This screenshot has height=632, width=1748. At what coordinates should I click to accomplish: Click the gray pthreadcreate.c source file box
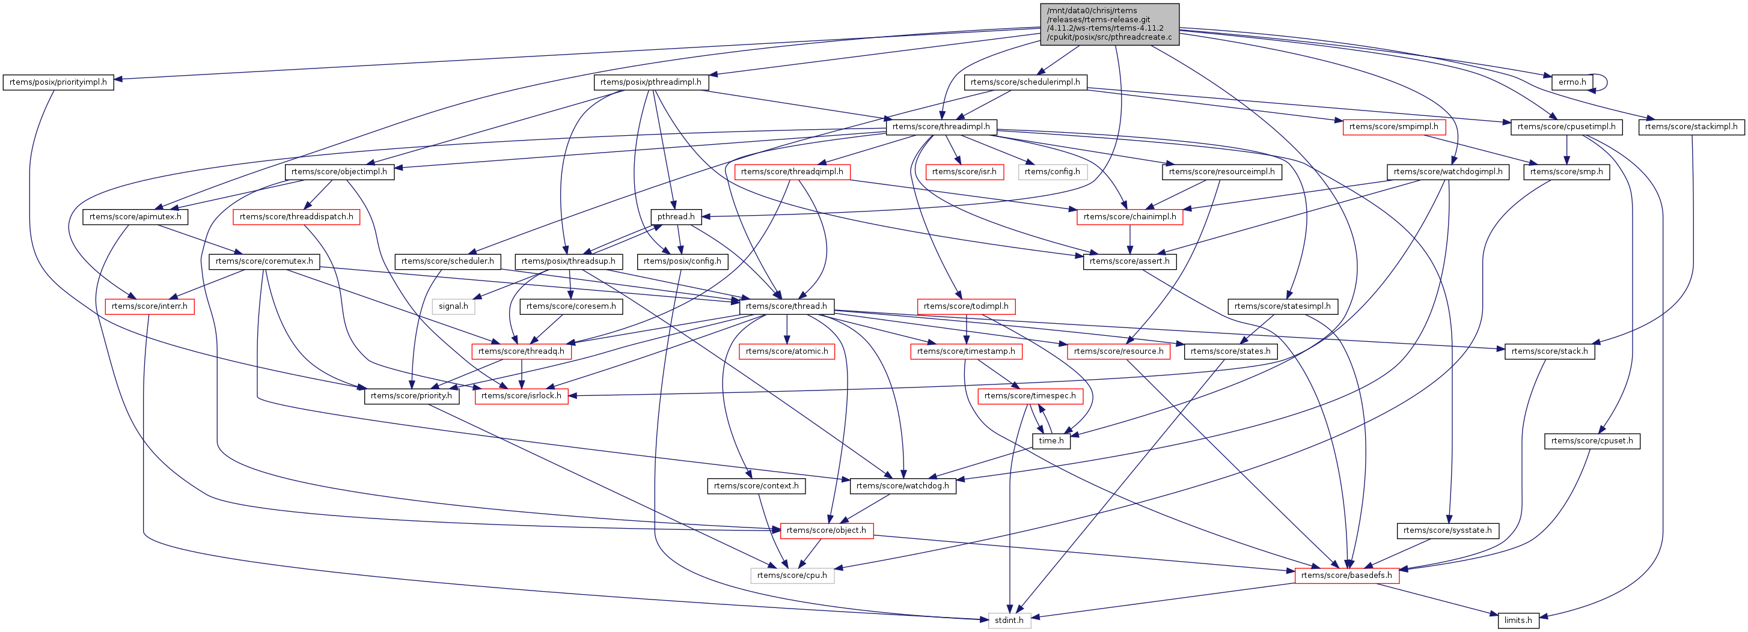pos(1110,25)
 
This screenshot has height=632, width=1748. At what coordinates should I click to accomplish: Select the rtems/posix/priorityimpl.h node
pos(58,82)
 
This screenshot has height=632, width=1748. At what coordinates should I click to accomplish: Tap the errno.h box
pos(1571,82)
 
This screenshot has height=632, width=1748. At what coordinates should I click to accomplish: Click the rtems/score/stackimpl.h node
pos(1691,127)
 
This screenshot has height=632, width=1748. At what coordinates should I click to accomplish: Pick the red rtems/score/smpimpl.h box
pos(1393,127)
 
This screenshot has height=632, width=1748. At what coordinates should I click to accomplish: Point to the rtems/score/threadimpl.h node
pos(941,127)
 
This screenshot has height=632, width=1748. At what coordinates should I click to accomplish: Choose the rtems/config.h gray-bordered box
pos(1052,172)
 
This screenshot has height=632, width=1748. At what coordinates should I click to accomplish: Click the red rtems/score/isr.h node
pos(964,172)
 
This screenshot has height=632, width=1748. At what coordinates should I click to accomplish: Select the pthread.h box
pos(676,216)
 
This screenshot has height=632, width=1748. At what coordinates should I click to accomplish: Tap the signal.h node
pos(453,306)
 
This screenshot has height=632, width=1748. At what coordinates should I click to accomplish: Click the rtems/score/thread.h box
pos(786,306)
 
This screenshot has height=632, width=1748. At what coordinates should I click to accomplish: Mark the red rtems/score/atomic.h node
pos(786,351)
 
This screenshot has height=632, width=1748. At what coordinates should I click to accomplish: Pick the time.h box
pos(1051,441)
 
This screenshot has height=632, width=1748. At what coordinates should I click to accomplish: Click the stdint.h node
pos(1009,621)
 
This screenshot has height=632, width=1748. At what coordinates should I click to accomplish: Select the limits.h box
pos(1518,621)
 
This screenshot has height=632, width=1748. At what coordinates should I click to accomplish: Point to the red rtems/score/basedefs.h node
pos(1346,576)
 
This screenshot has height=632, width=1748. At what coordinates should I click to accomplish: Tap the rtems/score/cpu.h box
pos(792,576)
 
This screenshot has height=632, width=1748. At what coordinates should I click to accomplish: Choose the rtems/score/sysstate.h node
pos(1447,530)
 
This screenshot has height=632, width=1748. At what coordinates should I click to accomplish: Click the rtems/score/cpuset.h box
pos(1592,441)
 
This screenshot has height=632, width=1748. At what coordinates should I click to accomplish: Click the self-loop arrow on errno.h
pos(1606,82)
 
